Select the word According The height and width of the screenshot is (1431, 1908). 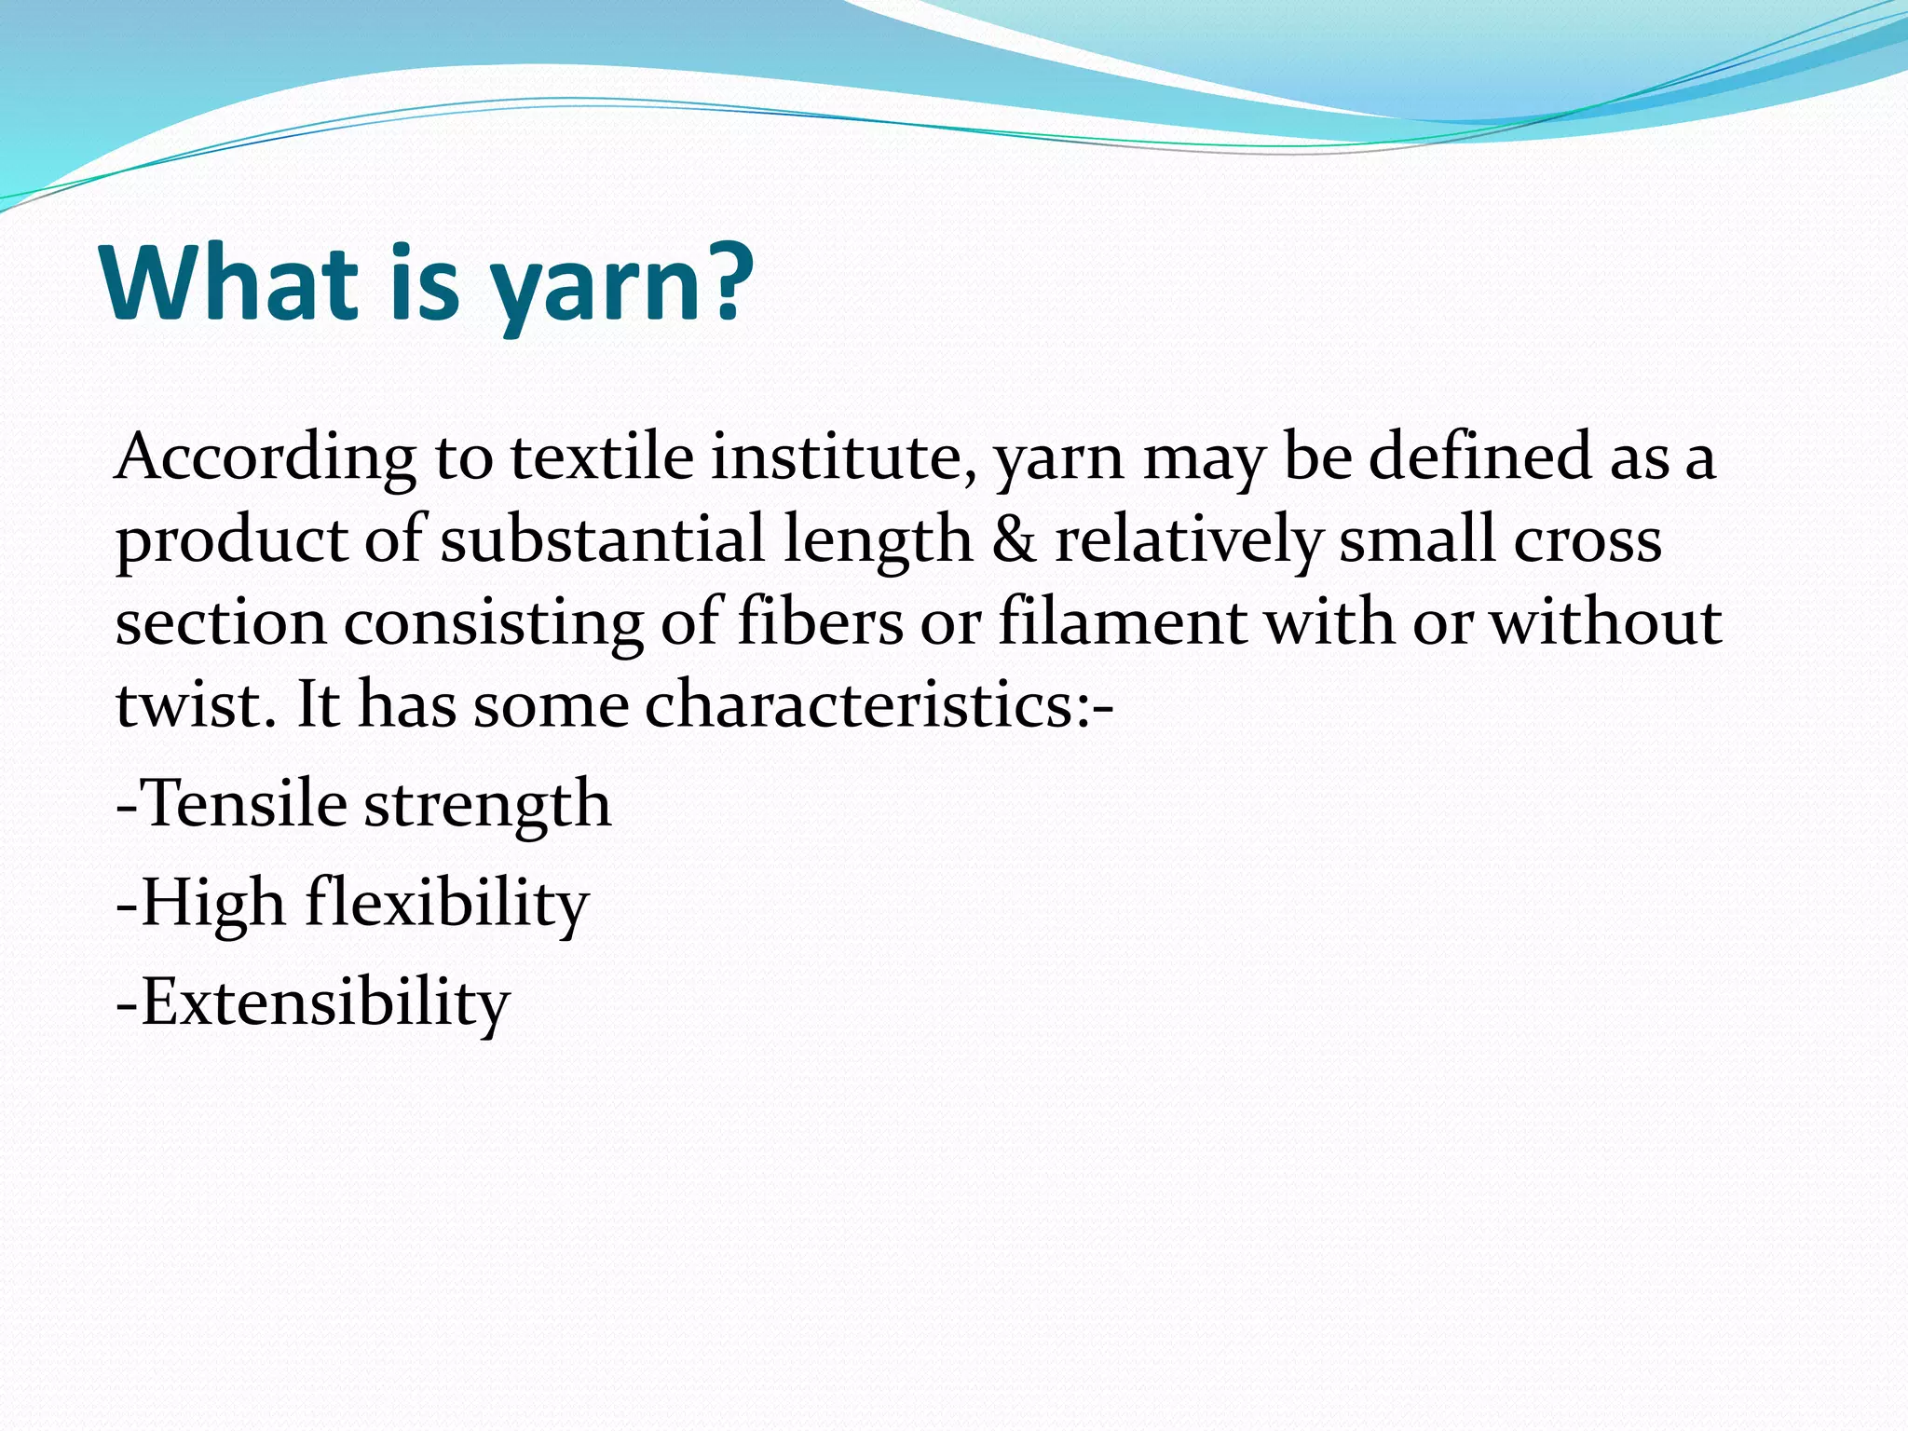266,458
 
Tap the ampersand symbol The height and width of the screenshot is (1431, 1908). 1014,540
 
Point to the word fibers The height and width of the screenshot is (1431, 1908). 820,622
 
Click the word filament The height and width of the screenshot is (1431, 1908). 1122,622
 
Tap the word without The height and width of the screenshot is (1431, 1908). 1606,622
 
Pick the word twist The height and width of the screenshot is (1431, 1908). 195,704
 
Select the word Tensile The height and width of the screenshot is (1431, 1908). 243,803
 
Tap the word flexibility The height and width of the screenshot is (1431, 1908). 447,904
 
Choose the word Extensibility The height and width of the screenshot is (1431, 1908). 324,1002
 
